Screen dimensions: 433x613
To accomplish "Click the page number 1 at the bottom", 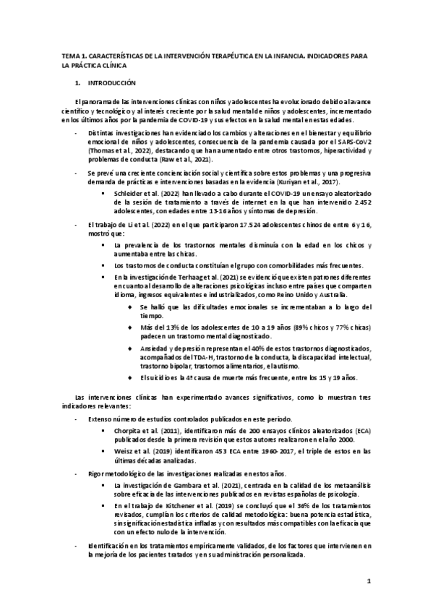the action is click(x=369, y=580).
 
